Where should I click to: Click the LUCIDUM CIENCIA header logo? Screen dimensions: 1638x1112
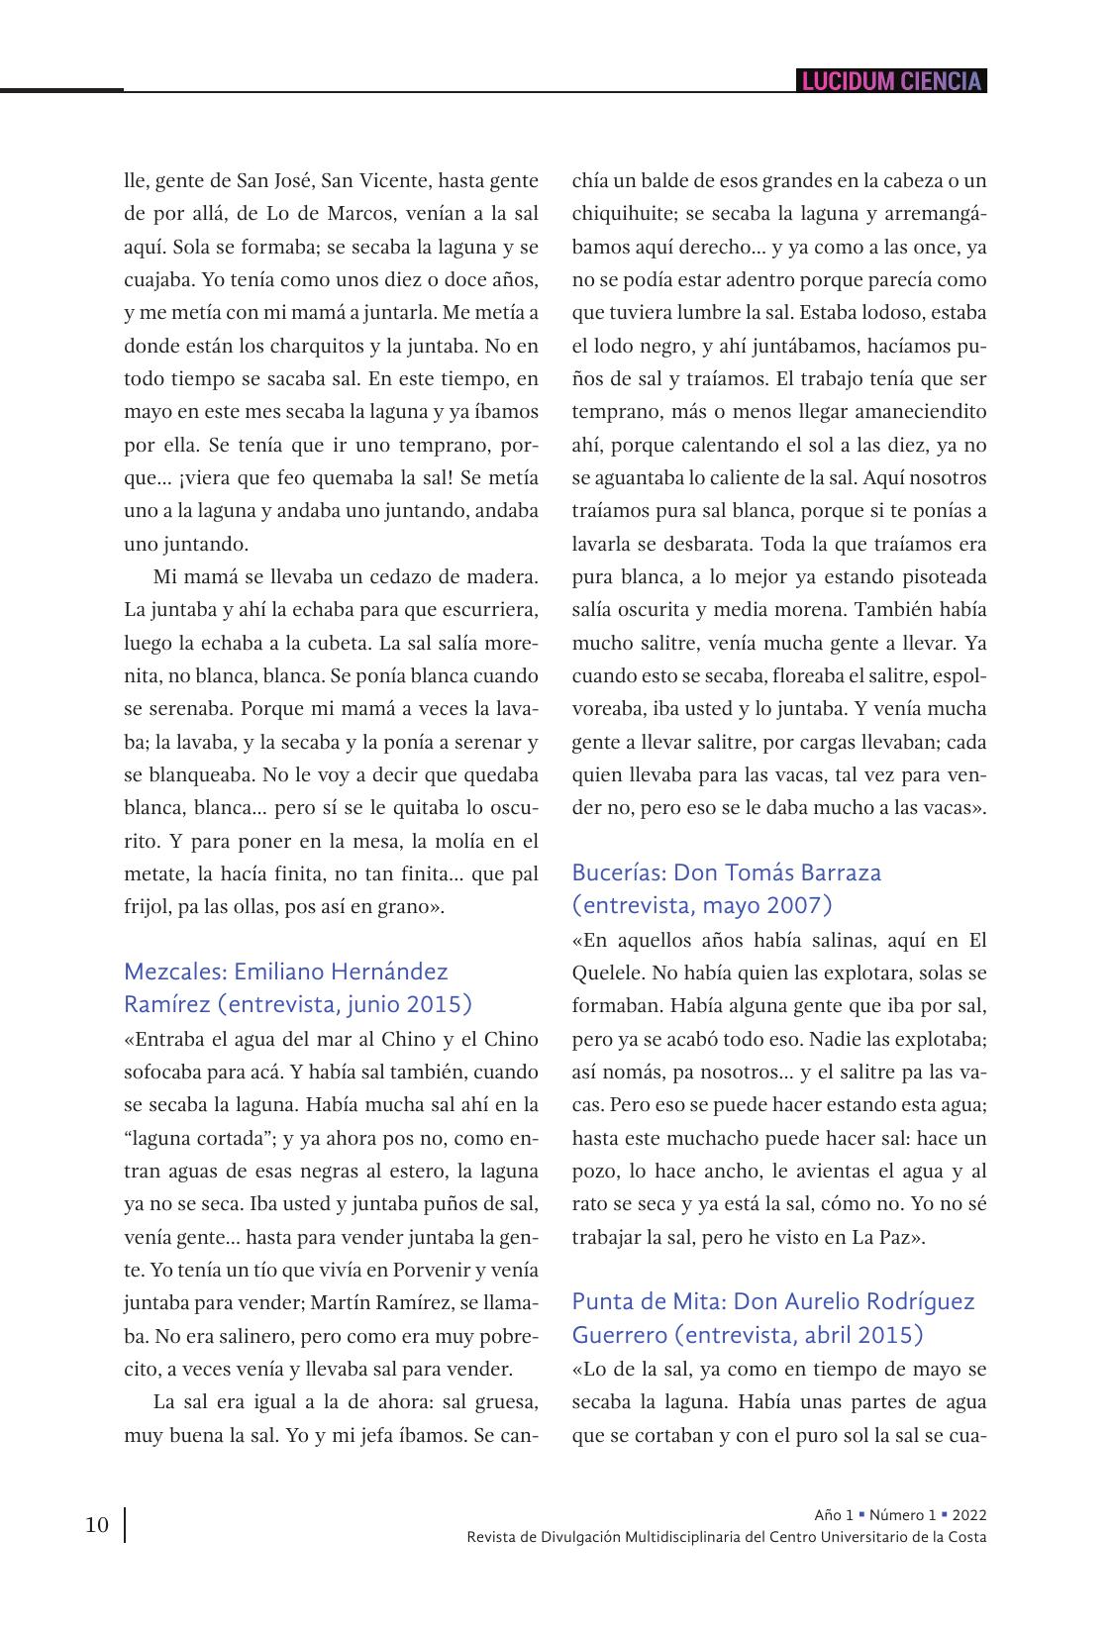coord(891,81)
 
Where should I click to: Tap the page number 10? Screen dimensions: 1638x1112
coord(97,1525)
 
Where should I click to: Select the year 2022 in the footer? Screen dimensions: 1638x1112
coord(969,1515)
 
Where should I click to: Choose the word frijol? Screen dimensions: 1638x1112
coord(148,906)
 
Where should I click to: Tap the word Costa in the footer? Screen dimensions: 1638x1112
coord(966,1537)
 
